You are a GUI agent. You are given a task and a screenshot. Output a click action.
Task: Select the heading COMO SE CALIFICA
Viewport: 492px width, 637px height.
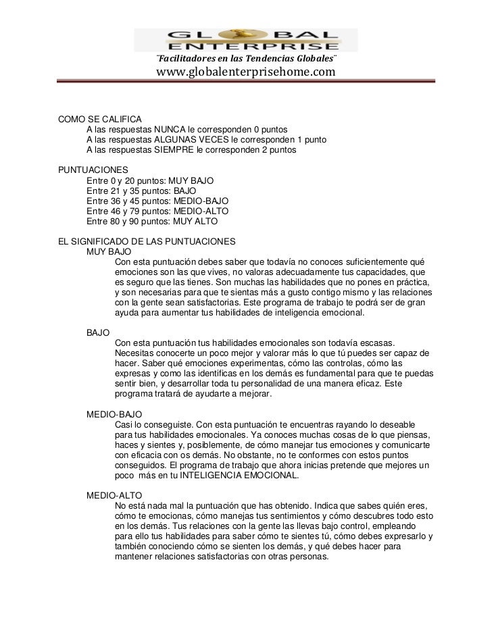(x=101, y=119)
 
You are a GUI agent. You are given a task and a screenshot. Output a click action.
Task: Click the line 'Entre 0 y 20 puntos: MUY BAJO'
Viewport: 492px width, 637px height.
(x=150, y=181)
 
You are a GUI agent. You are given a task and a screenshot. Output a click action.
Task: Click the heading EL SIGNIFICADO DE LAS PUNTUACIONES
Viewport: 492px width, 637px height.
(x=147, y=241)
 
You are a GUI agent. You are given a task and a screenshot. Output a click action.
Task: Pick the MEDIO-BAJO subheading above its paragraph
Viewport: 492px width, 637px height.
(x=114, y=413)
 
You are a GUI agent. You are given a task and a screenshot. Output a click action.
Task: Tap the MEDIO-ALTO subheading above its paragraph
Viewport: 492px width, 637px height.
(x=114, y=495)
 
